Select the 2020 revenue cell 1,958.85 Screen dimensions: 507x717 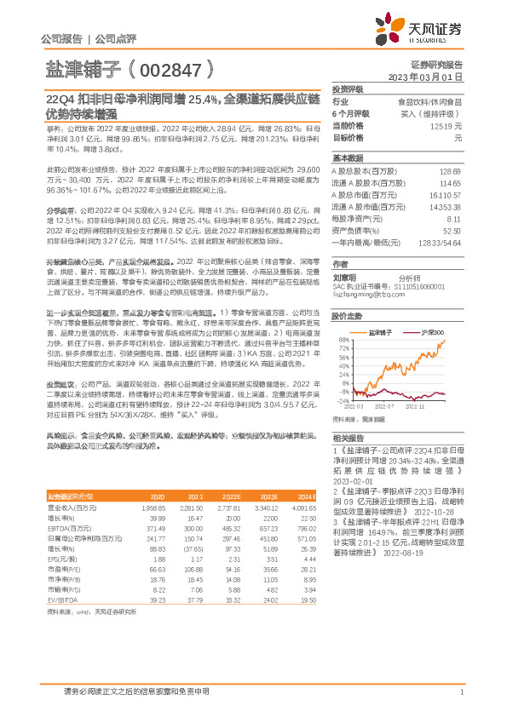[153, 508]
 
